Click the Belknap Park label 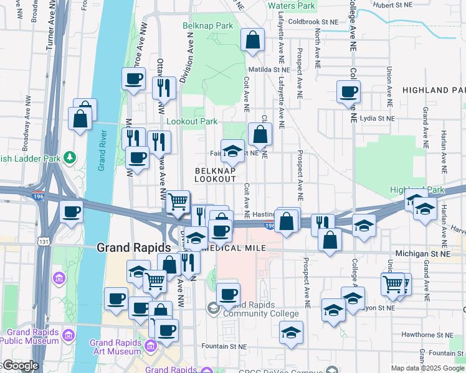point(207,26)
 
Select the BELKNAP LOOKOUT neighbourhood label point(215,174)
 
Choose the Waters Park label point(292,6)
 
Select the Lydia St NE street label point(376,117)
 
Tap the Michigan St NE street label point(423,254)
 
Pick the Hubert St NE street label point(411,6)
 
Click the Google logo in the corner point(20,365)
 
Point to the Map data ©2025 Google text point(427,368)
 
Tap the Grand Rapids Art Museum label point(115,347)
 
